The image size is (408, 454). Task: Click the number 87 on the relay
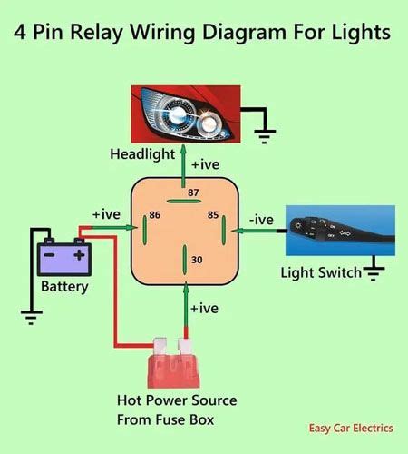coord(192,193)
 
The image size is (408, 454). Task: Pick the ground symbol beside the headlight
coord(264,128)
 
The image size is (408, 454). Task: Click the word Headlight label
coord(141,154)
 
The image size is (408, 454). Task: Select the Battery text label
coord(65,288)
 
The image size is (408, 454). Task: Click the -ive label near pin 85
coord(261,219)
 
